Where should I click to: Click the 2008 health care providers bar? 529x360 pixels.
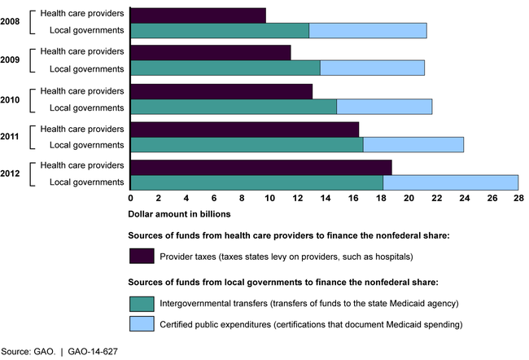(x=198, y=15)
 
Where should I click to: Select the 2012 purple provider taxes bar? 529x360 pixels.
(x=260, y=166)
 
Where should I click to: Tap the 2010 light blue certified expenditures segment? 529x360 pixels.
(x=384, y=106)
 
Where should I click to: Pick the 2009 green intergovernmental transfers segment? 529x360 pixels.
(x=225, y=68)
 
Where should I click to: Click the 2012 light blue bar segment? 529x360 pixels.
(x=450, y=182)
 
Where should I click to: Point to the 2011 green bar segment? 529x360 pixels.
(x=247, y=144)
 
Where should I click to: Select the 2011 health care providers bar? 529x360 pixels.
(x=244, y=129)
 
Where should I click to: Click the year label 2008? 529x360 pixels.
(x=11, y=22)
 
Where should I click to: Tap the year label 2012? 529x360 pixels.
(x=11, y=174)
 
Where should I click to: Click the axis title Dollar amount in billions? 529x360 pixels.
(x=180, y=214)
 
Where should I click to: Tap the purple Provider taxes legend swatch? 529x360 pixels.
(x=142, y=256)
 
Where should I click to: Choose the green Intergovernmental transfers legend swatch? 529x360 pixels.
(x=142, y=303)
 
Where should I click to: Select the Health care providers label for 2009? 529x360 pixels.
(x=82, y=52)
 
